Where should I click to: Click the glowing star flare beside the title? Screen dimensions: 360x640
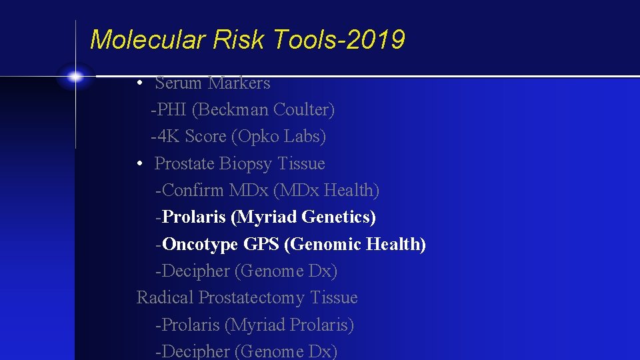tap(75, 77)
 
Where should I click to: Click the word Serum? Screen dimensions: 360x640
tap(178, 83)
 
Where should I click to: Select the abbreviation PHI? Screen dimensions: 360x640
tap(171, 110)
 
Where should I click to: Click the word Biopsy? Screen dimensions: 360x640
tap(246, 164)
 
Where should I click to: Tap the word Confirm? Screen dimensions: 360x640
tap(193, 191)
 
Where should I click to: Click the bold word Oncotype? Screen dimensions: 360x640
tap(200, 245)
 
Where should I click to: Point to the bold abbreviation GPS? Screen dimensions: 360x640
tap(261, 245)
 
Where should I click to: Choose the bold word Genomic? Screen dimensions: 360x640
tap(322, 245)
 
